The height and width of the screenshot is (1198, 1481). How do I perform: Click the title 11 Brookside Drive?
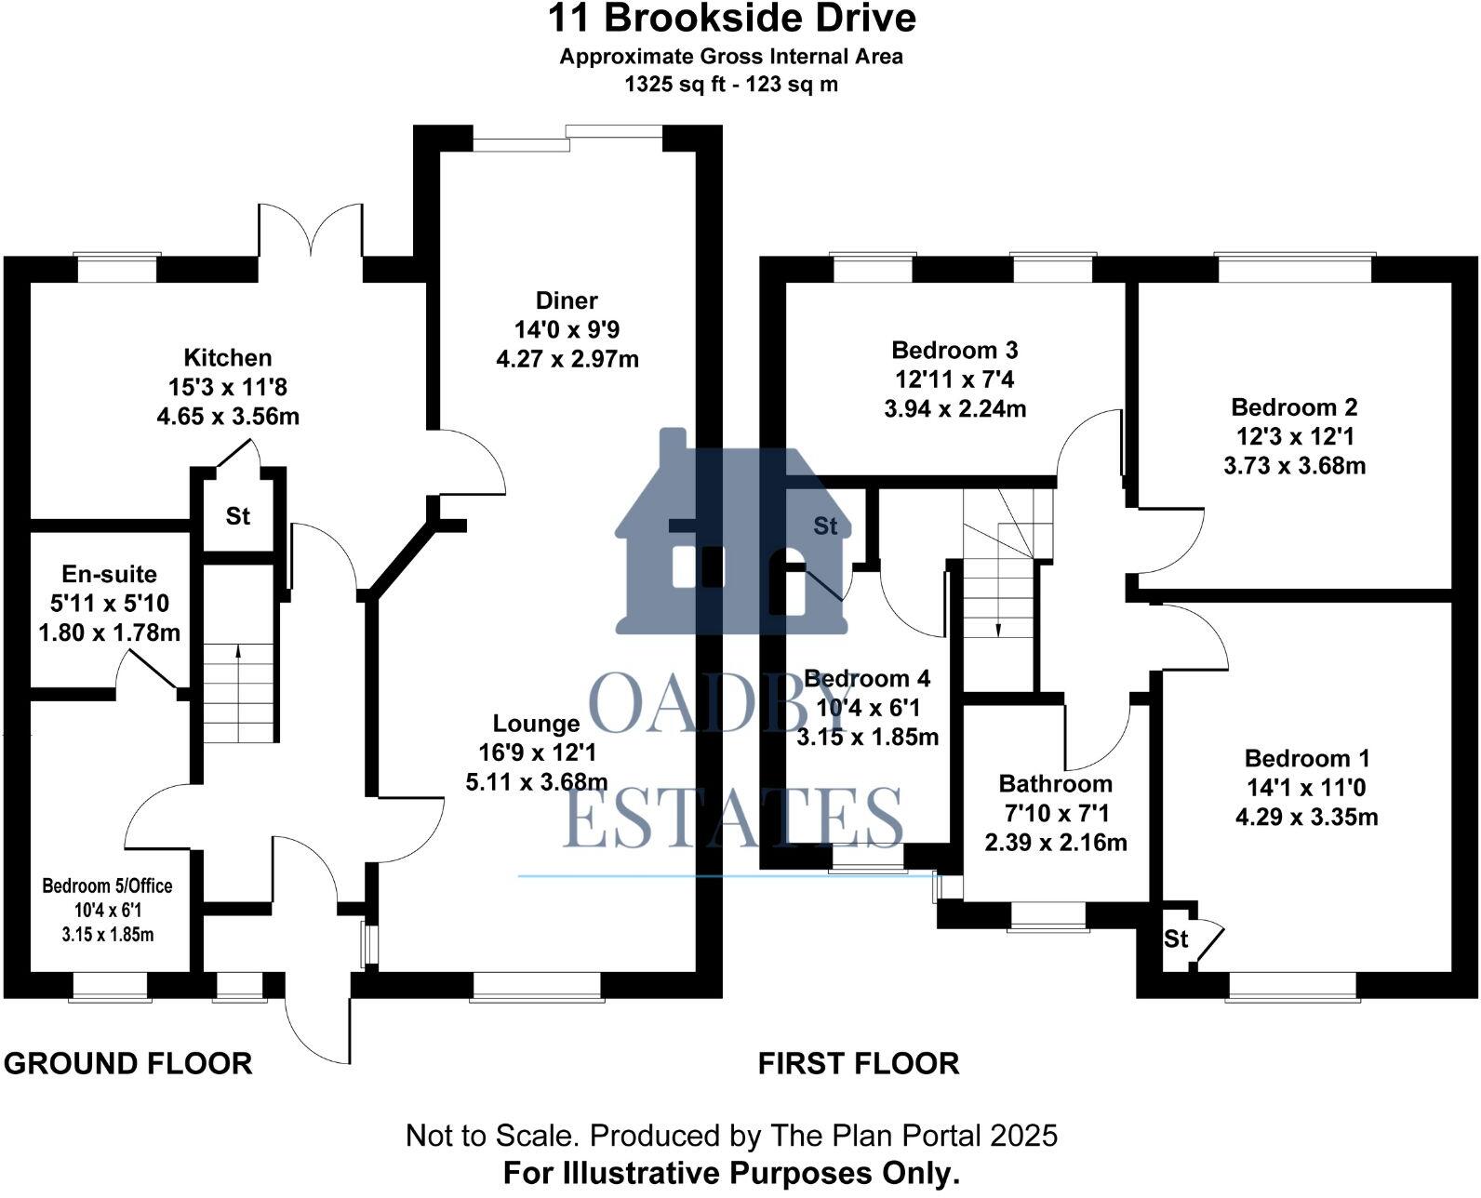click(730, 19)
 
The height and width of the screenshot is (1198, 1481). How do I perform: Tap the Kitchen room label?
click(228, 358)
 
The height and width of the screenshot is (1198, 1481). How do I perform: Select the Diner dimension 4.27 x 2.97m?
click(567, 359)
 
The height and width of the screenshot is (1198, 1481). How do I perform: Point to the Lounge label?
click(536, 724)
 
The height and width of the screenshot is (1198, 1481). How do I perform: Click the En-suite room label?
click(109, 575)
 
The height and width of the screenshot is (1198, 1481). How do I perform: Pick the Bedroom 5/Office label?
click(107, 885)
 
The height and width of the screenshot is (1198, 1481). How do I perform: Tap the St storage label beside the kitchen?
click(238, 515)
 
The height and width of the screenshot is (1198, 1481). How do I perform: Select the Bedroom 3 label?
click(954, 351)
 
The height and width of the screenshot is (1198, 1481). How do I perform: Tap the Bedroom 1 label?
click(1306, 759)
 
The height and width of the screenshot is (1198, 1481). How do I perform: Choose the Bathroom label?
click(1055, 784)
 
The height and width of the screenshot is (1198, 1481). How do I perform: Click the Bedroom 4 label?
click(867, 679)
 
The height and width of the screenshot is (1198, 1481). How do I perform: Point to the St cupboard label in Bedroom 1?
click(1176, 939)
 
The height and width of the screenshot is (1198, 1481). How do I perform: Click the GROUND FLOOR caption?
click(128, 1063)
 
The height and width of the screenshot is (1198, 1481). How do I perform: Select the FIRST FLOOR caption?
click(858, 1063)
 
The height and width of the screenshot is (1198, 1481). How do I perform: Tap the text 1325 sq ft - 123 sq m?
click(730, 85)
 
